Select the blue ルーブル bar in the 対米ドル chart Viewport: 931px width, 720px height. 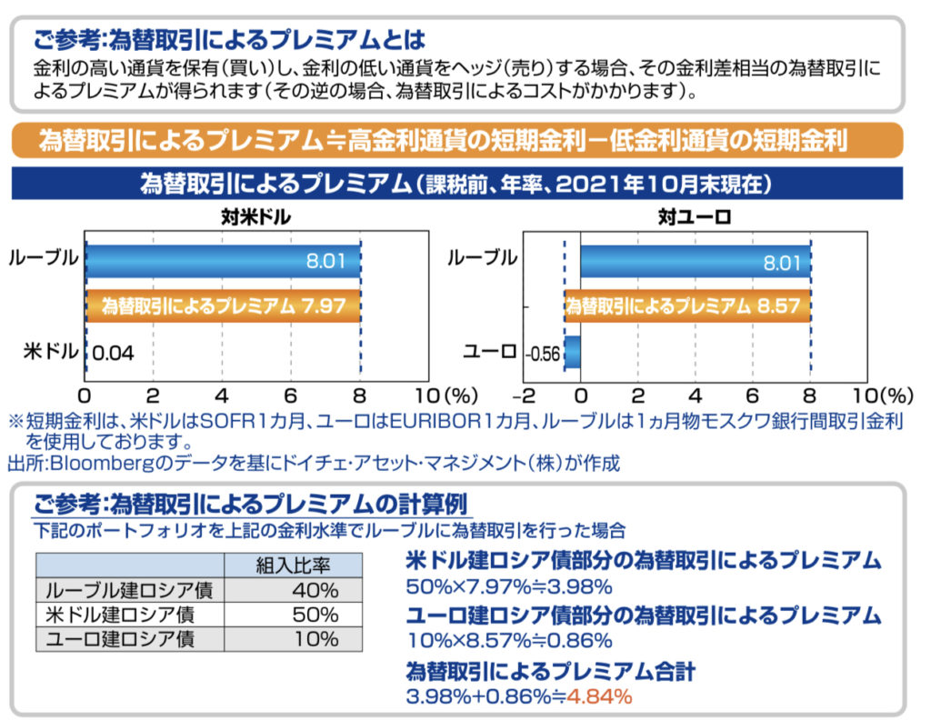pyautogui.click(x=222, y=262)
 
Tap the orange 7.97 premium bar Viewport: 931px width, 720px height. pyautogui.click(x=223, y=305)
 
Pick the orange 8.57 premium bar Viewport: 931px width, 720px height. pyautogui.click(x=687, y=305)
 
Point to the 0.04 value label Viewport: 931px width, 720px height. pyautogui.click(x=114, y=352)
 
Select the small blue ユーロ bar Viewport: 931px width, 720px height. pyautogui.click(x=573, y=352)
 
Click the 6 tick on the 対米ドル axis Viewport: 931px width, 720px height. pyautogui.click(x=291, y=396)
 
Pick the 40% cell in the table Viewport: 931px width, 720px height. pyautogui.click(x=315, y=590)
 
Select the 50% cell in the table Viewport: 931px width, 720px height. pyautogui.click(x=315, y=614)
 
